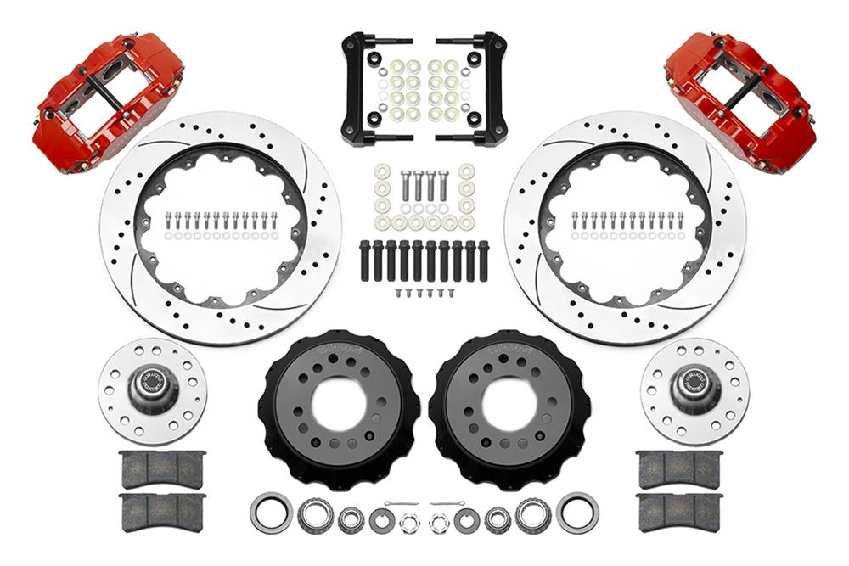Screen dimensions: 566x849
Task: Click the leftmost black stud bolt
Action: point(365,261)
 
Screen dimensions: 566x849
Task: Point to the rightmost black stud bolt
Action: point(483,261)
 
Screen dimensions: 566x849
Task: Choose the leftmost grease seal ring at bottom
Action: point(271,513)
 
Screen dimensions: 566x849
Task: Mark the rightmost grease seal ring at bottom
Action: point(577,513)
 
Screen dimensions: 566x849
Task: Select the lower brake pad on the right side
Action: point(679,512)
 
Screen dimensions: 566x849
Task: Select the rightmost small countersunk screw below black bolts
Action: point(452,293)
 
